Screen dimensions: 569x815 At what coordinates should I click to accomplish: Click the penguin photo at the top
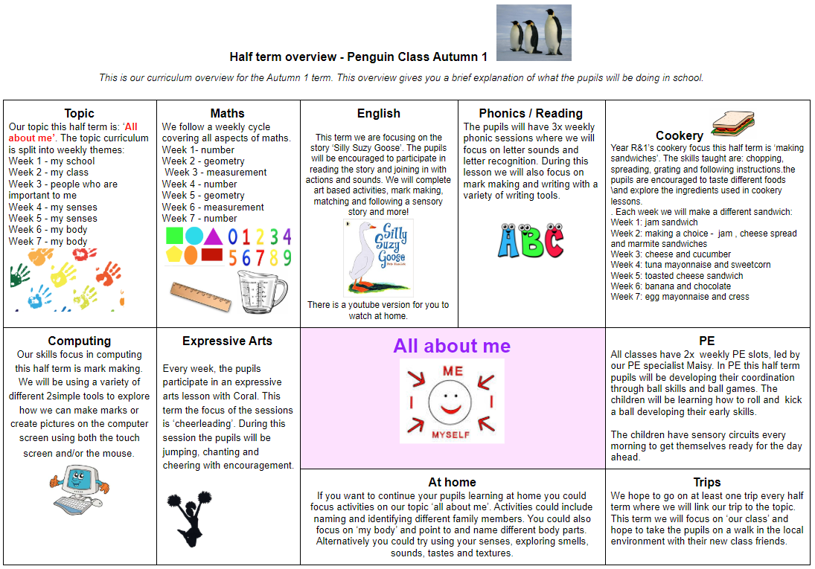534,32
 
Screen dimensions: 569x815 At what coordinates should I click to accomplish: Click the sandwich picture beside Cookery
733,122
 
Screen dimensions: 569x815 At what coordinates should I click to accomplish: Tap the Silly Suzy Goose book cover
378,257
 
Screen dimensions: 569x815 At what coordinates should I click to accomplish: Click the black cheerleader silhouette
194,514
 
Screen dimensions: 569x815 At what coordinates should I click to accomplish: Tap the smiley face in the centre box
452,401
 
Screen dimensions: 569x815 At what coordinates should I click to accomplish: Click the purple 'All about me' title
452,346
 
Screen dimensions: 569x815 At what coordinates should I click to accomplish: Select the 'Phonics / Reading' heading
531,113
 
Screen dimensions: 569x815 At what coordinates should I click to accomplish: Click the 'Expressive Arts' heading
227,341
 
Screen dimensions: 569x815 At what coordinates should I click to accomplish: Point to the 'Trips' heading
706,482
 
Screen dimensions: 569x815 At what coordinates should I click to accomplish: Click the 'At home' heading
452,482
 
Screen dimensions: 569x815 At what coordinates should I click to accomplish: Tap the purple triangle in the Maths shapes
213,237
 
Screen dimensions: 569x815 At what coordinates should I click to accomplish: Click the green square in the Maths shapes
174,237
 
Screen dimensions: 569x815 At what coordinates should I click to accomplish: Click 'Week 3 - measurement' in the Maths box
214,173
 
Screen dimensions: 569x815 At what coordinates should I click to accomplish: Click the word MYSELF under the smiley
452,434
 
